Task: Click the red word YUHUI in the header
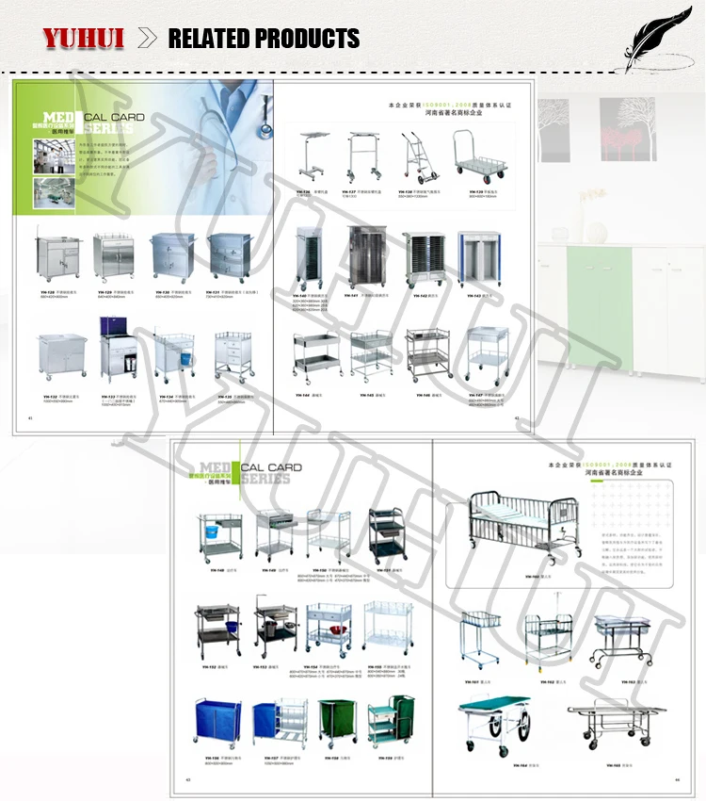tap(84, 39)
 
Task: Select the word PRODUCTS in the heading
tap(305, 39)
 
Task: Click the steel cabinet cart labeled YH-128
tap(56, 260)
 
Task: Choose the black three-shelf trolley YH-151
tap(388, 535)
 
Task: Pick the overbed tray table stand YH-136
tap(309, 156)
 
